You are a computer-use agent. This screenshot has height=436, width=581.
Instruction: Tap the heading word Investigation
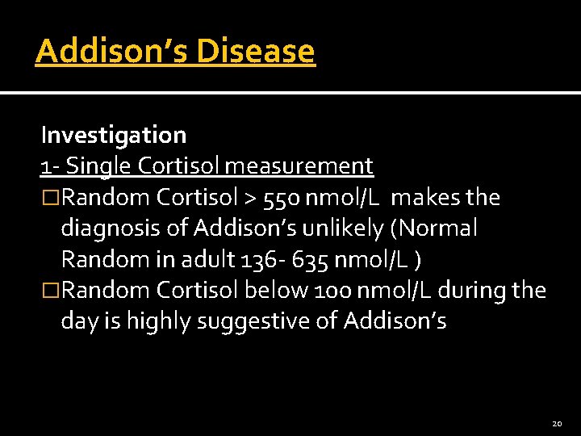tap(114, 135)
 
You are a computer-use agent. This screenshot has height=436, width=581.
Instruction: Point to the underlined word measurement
tap(299, 166)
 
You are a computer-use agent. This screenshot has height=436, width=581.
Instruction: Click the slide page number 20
tap(557, 424)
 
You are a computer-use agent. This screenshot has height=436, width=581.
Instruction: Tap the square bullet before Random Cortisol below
tap(51, 291)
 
